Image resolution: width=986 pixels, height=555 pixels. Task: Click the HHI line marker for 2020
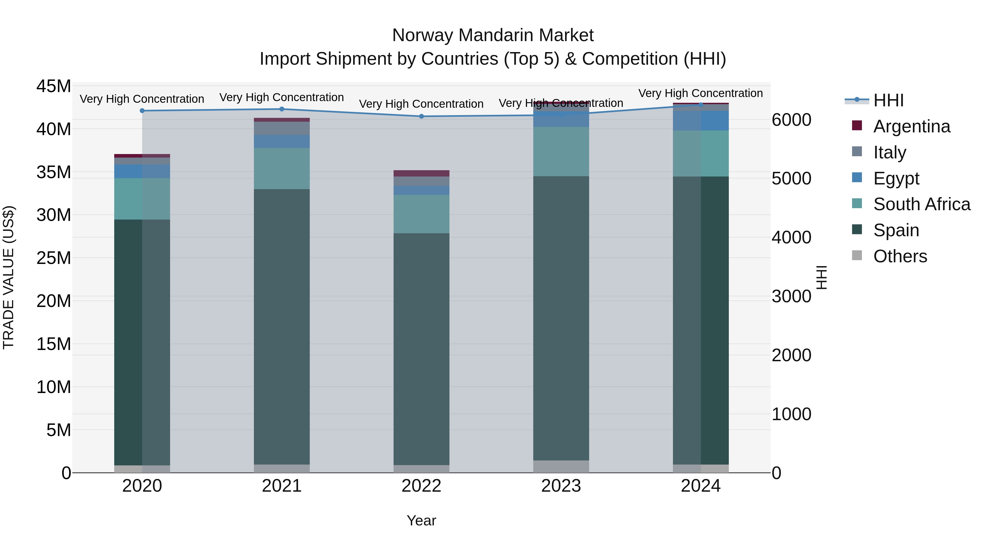(x=142, y=111)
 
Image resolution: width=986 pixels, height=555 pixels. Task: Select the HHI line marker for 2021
(x=282, y=109)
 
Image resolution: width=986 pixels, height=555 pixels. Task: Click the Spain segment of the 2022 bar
(x=422, y=349)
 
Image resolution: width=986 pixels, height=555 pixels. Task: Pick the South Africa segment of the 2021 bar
(x=282, y=169)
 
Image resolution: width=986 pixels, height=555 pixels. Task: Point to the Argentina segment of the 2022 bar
(x=422, y=173)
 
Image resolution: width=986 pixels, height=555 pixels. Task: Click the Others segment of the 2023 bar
(x=561, y=466)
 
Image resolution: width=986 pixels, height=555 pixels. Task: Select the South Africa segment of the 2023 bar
(x=561, y=151)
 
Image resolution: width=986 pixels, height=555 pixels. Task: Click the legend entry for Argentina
(x=911, y=126)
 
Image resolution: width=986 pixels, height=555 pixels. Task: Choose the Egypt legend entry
(x=896, y=178)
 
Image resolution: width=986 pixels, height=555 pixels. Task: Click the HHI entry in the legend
(x=888, y=100)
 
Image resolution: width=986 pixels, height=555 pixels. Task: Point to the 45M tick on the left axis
(x=54, y=86)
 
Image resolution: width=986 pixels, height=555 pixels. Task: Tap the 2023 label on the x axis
(x=561, y=486)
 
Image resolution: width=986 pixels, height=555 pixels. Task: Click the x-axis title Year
(x=422, y=520)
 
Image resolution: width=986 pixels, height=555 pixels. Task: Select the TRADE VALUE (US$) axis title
(x=8, y=277)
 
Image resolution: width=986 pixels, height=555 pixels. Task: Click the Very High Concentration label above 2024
(x=700, y=93)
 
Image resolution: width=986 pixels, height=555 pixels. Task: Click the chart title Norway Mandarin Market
(x=493, y=35)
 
